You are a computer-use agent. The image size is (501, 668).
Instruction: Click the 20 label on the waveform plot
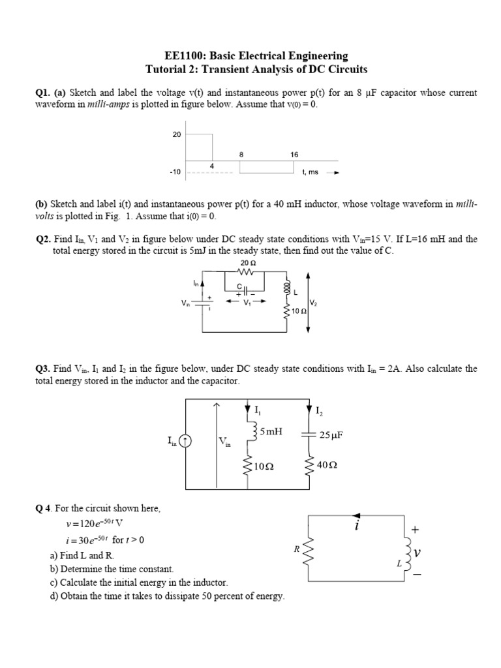(176, 134)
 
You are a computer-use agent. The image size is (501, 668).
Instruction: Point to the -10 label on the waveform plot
(175, 173)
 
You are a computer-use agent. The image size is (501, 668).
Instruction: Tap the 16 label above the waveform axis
(294, 155)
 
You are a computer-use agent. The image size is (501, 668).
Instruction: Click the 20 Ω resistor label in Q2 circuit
(249, 262)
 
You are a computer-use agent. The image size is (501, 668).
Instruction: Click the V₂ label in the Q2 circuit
(314, 303)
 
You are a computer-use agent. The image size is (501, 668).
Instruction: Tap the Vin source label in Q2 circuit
(186, 303)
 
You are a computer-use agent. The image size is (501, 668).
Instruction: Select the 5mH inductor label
(270, 431)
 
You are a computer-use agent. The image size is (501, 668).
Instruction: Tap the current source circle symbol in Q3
(187, 442)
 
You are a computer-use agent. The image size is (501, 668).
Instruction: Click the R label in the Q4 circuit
(296, 549)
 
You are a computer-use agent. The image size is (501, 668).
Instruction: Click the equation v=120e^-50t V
(95, 524)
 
